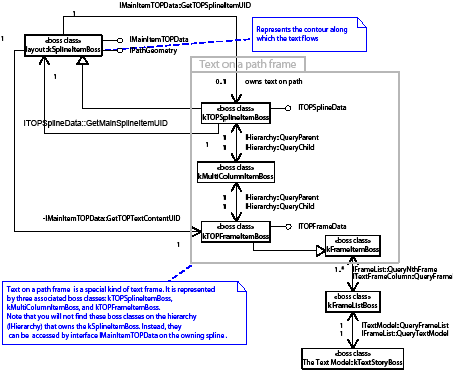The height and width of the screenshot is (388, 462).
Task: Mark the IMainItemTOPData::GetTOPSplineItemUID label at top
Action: pyautogui.click(x=199, y=6)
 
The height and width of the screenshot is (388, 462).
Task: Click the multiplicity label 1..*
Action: pyautogui.click(x=339, y=270)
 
